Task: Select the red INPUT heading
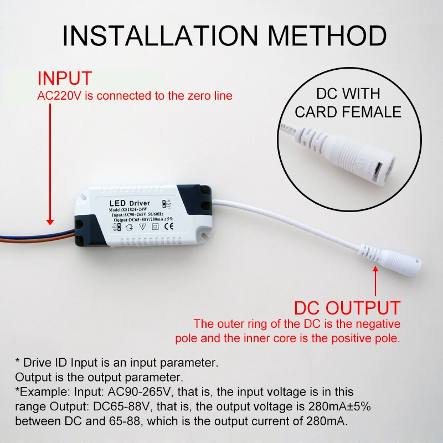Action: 64,78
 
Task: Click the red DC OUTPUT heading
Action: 347,307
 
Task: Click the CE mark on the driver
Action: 171,225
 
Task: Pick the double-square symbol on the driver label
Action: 156,226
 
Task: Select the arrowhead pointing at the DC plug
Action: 376,271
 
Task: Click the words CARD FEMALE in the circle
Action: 348,112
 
